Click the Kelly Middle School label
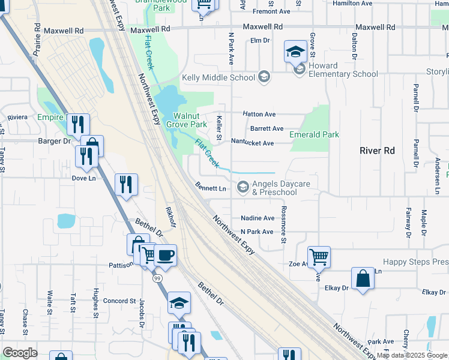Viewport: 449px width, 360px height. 218,77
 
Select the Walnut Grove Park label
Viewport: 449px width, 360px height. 190,120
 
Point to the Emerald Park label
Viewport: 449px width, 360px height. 314,134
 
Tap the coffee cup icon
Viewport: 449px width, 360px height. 165,255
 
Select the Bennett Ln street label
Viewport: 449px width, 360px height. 209,188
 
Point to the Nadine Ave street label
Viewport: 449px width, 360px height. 257,218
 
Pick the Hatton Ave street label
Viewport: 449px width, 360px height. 259,114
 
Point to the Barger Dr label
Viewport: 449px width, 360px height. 53,141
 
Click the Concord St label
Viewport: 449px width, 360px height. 119,301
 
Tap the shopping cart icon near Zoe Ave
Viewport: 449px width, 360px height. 319,257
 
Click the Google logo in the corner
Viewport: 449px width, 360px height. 20,353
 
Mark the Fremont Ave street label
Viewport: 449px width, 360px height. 271,11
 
